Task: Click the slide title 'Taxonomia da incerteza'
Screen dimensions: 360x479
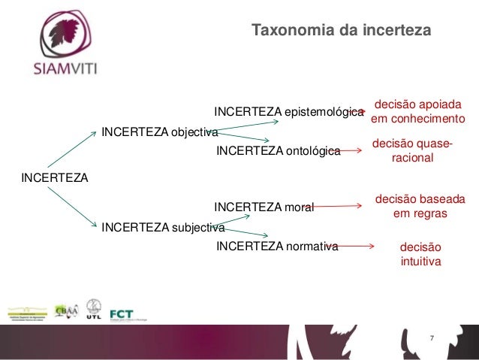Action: click(341, 32)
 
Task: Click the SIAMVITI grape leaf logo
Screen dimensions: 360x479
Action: click(65, 37)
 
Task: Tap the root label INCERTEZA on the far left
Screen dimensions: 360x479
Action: click(55, 178)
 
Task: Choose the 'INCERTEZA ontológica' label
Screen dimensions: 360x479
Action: click(278, 152)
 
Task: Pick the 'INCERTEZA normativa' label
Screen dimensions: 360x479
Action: click(277, 246)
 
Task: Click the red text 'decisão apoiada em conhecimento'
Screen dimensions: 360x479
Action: click(418, 112)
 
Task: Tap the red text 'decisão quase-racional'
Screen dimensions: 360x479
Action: click(412, 152)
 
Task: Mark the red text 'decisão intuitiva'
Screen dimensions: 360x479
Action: click(420, 254)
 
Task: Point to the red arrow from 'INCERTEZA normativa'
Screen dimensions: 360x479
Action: click(350, 246)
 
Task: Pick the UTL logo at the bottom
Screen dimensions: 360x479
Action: click(94, 309)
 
